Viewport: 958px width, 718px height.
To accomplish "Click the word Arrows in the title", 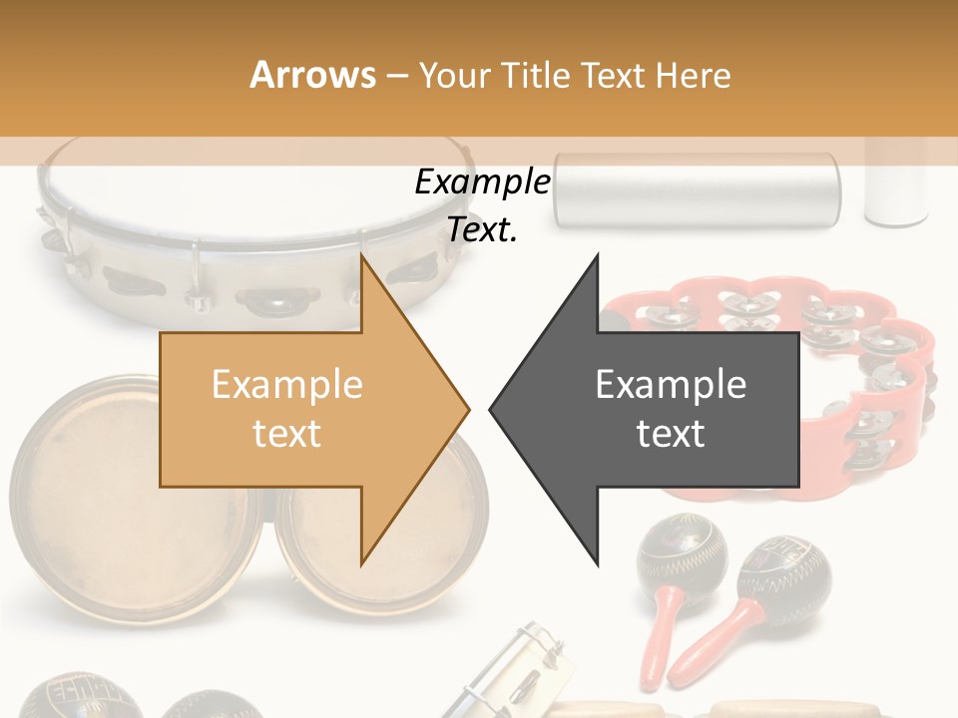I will pos(313,75).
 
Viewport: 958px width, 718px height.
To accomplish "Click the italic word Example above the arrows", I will pos(482,182).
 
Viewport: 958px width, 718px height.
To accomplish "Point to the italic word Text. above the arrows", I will pos(482,230).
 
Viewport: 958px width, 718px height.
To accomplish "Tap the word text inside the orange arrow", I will pos(286,434).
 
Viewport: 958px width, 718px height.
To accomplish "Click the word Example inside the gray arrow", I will pos(671,385).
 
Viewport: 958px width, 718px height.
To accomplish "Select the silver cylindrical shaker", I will pos(699,189).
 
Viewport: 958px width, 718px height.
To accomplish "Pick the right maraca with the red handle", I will pos(778,588).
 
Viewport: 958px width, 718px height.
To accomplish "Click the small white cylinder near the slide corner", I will pos(896,184).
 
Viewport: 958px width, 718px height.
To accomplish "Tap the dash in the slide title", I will pos(397,76).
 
